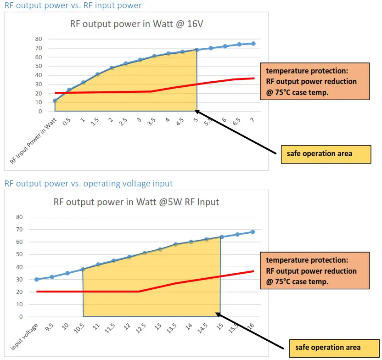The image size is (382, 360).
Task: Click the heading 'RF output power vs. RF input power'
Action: (73, 6)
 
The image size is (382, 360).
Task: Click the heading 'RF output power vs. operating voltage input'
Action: (89, 184)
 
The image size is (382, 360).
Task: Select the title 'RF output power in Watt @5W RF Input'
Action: (136, 202)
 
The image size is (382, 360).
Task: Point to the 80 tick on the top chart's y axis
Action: (39, 39)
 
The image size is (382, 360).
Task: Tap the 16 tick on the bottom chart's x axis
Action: (251, 326)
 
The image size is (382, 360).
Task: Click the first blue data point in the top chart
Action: (55, 101)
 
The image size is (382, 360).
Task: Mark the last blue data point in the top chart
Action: (253, 44)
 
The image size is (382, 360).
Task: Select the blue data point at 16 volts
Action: (253, 232)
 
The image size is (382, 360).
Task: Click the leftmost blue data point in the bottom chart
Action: (37, 279)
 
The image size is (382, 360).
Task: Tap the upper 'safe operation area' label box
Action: (326, 154)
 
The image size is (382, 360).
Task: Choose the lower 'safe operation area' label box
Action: (334, 348)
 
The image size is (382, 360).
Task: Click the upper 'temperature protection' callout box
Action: (315, 81)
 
